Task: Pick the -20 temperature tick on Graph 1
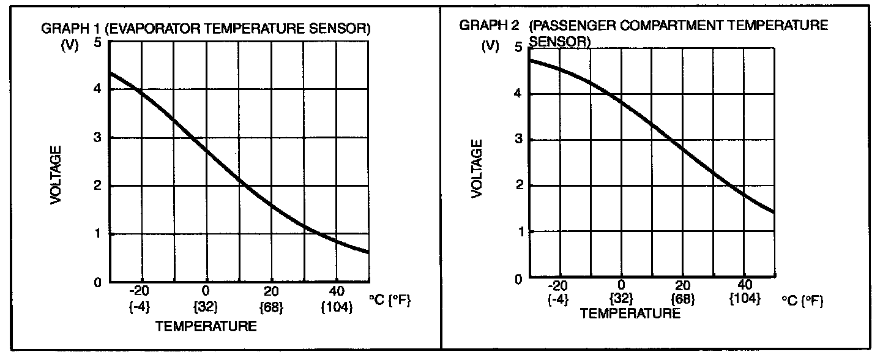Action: tap(140, 291)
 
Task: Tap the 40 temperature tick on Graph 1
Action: tap(336, 291)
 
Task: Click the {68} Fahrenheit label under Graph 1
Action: tap(271, 306)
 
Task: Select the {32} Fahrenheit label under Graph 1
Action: tap(206, 306)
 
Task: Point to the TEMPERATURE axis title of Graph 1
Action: tap(206, 326)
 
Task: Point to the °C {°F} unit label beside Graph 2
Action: tap(802, 301)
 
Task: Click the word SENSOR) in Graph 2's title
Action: tap(560, 42)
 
